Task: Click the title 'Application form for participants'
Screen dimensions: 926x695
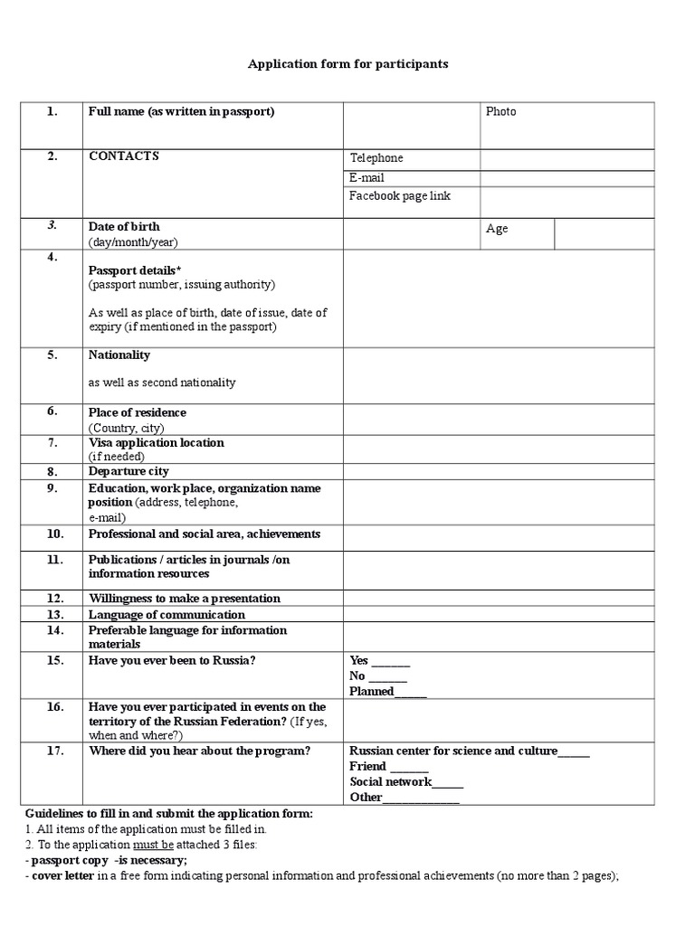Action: [x=348, y=65]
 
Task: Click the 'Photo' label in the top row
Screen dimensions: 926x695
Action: [x=500, y=112]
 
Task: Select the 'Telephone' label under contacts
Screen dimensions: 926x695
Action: [x=376, y=158]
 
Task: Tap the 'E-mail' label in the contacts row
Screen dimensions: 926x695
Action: [x=367, y=178]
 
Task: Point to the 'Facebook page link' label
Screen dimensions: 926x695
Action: [x=399, y=196]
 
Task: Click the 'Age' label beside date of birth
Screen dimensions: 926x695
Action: [x=497, y=229]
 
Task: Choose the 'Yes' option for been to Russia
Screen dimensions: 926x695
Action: [x=359, y=661]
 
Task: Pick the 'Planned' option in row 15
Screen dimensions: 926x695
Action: [x=371, y=692]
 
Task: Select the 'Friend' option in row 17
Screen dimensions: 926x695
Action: [x=367, y=767]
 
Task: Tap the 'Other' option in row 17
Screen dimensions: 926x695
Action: [x=366, y=798]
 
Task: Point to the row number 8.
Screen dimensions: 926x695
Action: [x=52, y=472]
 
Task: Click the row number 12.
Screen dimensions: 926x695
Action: [x=53, y=599]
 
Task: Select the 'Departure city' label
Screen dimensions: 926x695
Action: [x=129, y=472]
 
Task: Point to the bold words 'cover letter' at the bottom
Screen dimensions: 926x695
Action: [x=62, y=876]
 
